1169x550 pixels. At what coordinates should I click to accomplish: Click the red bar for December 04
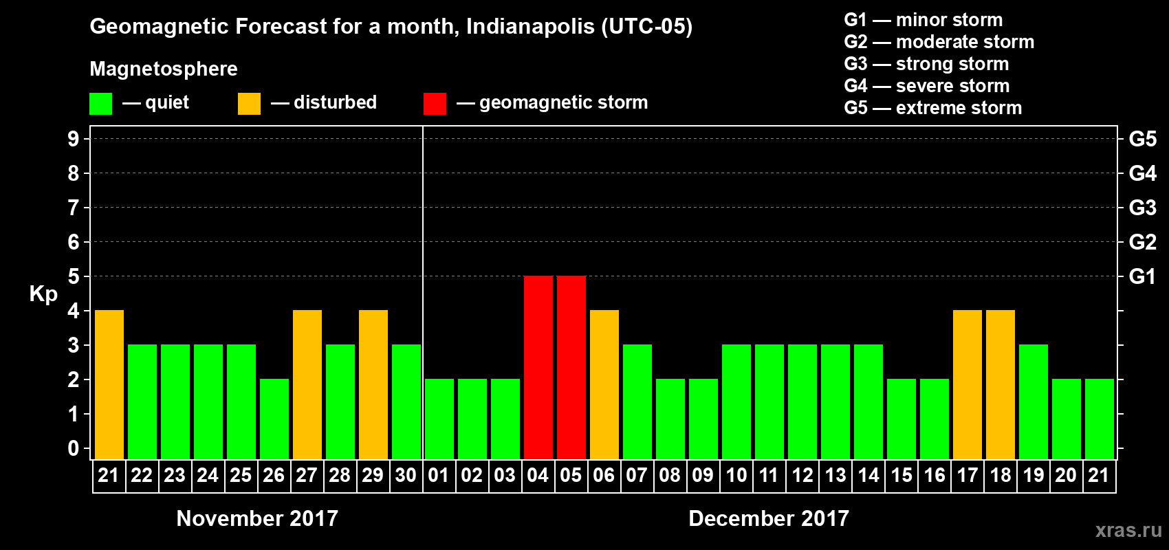538,367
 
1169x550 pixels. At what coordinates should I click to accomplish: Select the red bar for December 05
571,367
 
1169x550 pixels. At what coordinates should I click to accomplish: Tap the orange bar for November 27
307,384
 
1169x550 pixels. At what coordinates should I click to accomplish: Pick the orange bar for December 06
604,384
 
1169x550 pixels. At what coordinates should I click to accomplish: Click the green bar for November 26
274,419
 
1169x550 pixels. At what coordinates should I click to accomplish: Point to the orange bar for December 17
967,384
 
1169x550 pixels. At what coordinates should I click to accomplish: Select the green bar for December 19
1033,401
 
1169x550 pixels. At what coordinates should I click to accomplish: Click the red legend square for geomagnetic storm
435,104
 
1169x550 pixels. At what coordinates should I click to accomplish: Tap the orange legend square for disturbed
249,104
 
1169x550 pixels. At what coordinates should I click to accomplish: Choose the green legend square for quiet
100,104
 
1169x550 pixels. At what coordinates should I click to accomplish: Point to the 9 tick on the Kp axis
74,139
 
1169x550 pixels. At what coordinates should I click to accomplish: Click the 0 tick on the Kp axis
74,448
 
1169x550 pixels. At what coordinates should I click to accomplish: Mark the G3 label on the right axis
1142,208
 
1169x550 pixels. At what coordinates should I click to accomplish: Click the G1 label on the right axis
1142,276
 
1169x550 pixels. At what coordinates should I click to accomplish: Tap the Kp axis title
43,294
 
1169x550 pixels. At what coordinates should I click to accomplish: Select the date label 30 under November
406,475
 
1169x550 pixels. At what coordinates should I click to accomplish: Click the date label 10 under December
736,475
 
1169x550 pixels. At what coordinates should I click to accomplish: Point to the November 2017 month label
257,518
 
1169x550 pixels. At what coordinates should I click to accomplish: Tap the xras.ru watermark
1128,530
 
